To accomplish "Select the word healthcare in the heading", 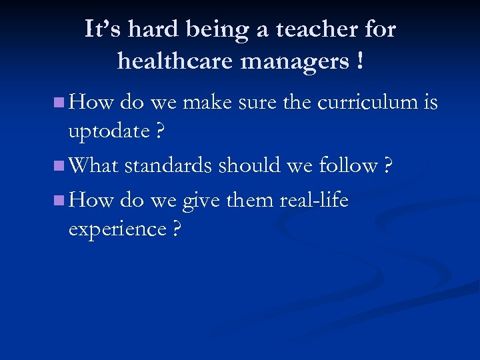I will tap(175, 61).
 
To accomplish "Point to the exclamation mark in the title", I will tap(360, 61).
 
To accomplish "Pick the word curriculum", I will tap(367, 103).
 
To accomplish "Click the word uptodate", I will tap(109, 131).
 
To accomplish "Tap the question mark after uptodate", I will tap(159, 131).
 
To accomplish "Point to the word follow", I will tap(347, 165).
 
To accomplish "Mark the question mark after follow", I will tap(387, 165).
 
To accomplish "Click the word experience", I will tap(117, 229).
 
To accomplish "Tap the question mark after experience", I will tap(177, 229).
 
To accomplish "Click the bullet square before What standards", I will tap(59, 165).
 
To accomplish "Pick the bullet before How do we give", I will tap(59, 199).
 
